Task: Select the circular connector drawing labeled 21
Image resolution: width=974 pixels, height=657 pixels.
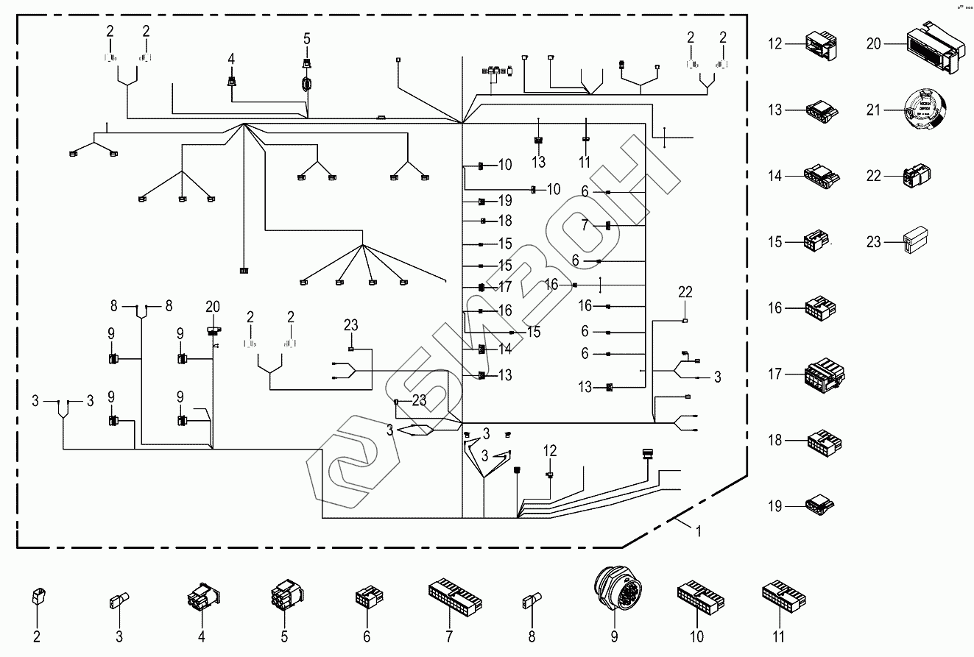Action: pyautogui.click(x=925, y=111)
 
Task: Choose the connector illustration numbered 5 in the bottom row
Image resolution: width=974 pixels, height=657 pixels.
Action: pyautogui.click(x=284, y=594)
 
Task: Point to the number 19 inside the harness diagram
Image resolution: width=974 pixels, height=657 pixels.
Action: pyautogui.click(x=504, y=201)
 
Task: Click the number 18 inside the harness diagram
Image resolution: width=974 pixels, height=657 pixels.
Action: pyautogui.click(x=504, y=221)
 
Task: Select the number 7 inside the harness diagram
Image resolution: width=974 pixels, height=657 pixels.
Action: pyautogui.click(x=585, y=225)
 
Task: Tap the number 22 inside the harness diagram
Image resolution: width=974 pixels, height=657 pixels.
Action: pyautogui.click(x=685, y=291)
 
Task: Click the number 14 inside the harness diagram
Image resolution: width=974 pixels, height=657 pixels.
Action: pyautogui.click(x=504, y=349)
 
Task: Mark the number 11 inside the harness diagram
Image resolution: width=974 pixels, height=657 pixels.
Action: pyautogui.click(x=585, y=161)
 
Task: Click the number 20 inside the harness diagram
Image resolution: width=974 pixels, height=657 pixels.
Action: pyautogui.click(x=213, y=306)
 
